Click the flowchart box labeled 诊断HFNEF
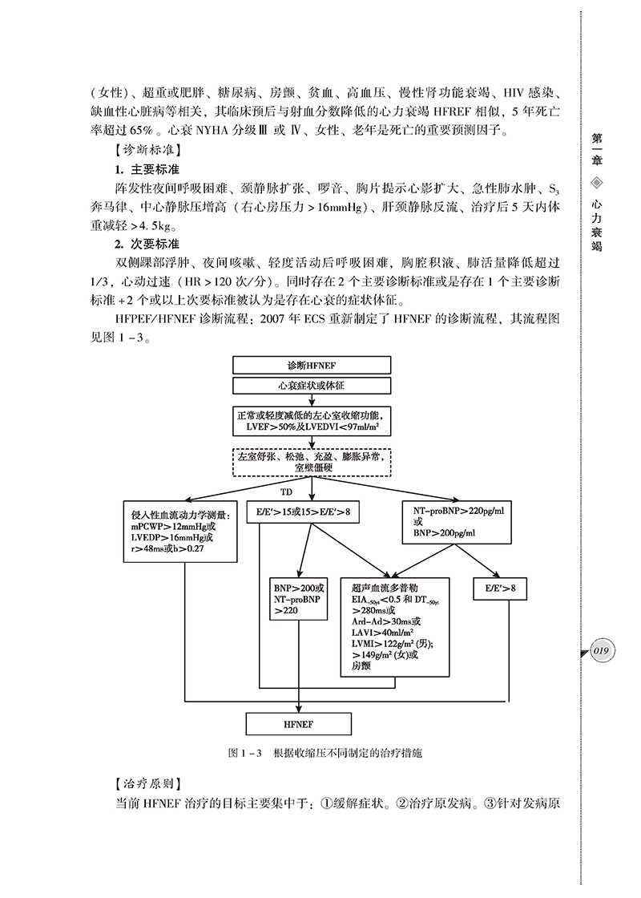pyautogui.click(x=312, y=365)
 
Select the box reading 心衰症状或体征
pyautogui.click(x=312, y=385)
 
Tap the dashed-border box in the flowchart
pyautogui.click(x=312, y=462)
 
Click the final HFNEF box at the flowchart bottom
pyautogui.click(x=298, y=724)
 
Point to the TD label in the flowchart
pyautogui.click(x=286, y=492)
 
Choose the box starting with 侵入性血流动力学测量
pyautogui.click(x=180, y=531)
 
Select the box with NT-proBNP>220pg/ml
pyautogui.click(x=457, y=522)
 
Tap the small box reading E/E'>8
pyautogui.click(x=500, y=589)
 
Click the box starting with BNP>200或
pyautogui.click(x=299, y=599)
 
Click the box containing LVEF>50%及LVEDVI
pyautogui.click(x=312, y=422)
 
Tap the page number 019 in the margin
pyautogui.click(x=601, y=651)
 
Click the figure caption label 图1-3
pyautogui.click(x=244, y=753)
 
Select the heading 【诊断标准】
pyautogui.click(x=147, y=151)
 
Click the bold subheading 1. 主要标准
pyautogui.click(x=147, y=169)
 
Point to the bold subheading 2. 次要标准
pyautogui.click(x=147, y=244)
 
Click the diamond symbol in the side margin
pyautogui.click(x=597, y=183)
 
